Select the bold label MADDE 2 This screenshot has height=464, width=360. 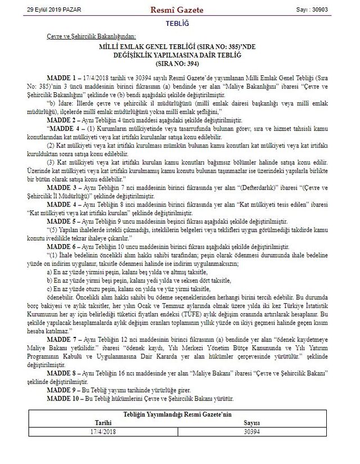pyautogui.click(x=58, y=120)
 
